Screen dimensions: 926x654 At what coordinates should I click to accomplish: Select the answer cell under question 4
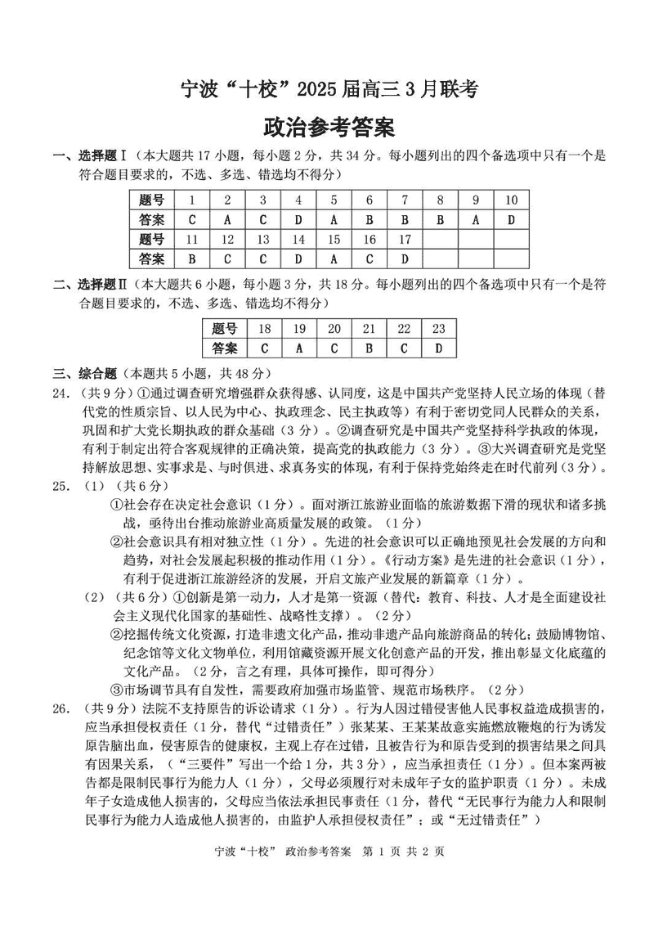[x=298, y=220]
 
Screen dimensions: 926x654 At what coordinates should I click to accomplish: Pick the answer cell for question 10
[x=511, y=220]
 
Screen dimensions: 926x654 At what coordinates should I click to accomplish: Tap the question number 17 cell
[x=404, y=240]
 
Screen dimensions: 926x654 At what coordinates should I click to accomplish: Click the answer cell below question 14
[x=298, y=259]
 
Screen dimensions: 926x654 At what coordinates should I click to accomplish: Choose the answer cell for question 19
[x=299, y=348]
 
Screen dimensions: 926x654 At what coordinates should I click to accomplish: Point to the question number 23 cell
[x=439, y=329]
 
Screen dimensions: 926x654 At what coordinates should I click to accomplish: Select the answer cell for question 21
[x=369, y=348]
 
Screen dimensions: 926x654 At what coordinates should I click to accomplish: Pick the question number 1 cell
[x=191, y=200]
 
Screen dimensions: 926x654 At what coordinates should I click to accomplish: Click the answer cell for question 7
[x=404, y=220]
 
